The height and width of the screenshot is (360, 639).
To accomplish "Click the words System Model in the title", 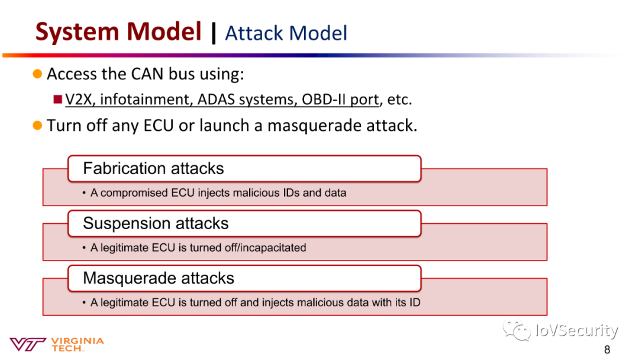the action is tap(118, 31).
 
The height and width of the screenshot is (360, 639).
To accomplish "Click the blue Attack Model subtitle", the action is tap(286, 33).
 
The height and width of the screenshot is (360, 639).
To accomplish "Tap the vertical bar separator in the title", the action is tap(214, 33).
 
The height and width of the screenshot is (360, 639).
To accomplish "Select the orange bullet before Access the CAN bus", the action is tap(37, 74).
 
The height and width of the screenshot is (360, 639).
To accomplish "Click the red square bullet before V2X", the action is tap(58, 99).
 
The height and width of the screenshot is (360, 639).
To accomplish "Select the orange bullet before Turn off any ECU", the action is tap(37, 125).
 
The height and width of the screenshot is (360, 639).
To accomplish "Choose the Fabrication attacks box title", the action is tap(154, 168).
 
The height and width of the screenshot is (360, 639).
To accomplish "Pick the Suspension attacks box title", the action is tap(156, 223).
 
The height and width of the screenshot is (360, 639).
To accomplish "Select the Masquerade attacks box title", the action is tap(159, 278).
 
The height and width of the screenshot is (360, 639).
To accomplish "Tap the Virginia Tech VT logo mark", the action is tap(28, 344).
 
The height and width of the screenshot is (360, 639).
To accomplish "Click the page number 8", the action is tap(607, 349).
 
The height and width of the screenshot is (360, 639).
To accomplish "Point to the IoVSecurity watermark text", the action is tap(577, 330).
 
